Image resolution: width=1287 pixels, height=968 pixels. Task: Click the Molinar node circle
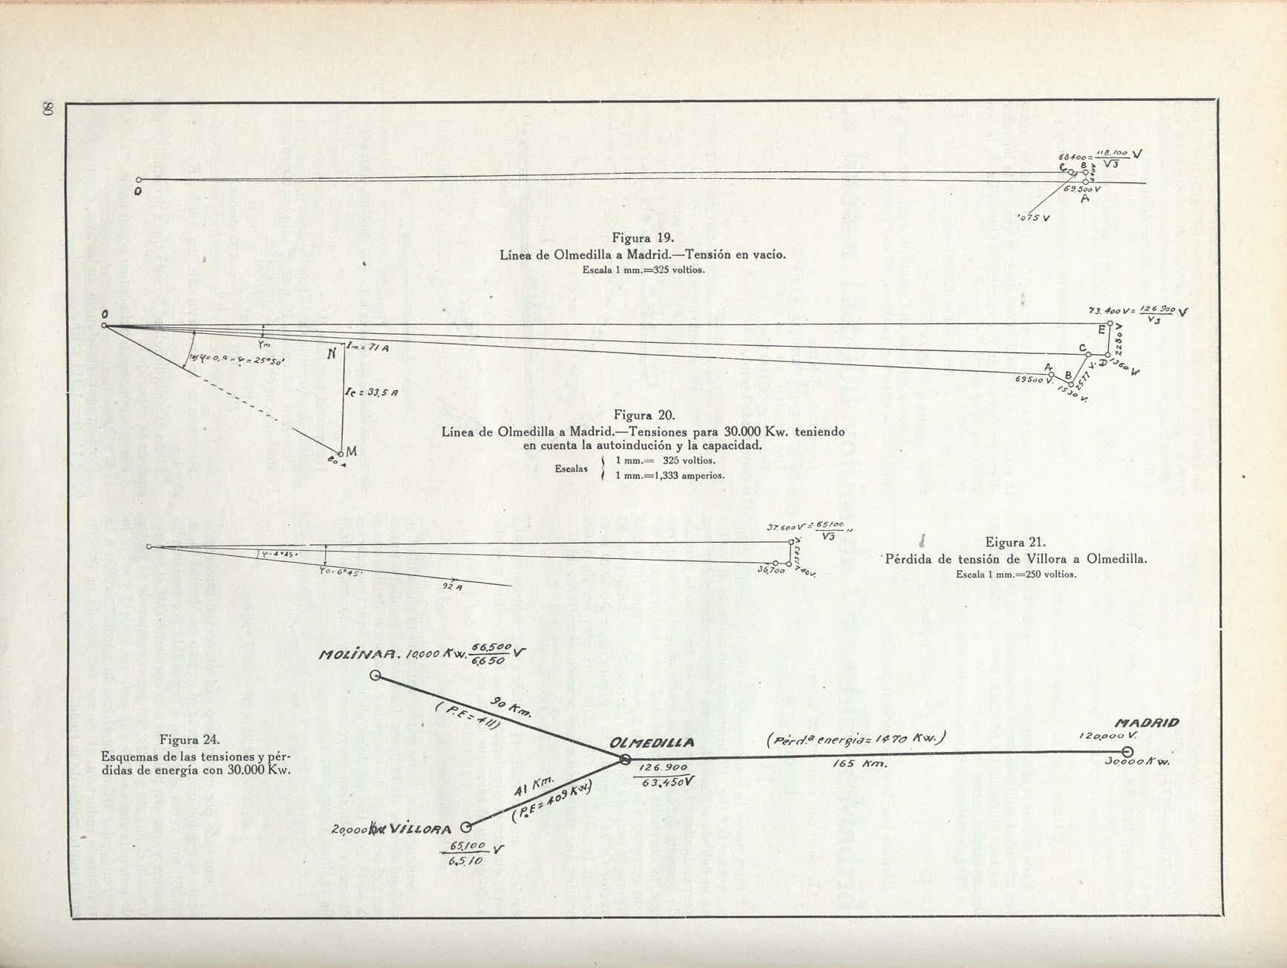376,676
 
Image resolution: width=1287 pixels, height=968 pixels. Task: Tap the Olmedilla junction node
625,759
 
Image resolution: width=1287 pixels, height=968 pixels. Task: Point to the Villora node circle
466,828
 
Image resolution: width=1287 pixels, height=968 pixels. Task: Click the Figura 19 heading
643,238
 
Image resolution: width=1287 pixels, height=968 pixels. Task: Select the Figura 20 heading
643,416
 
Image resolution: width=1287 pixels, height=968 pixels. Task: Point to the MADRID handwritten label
1147,722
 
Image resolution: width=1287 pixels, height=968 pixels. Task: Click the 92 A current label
452,586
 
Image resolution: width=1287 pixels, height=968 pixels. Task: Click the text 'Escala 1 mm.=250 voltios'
1015,575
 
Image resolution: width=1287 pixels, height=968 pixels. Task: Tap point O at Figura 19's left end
138,180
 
